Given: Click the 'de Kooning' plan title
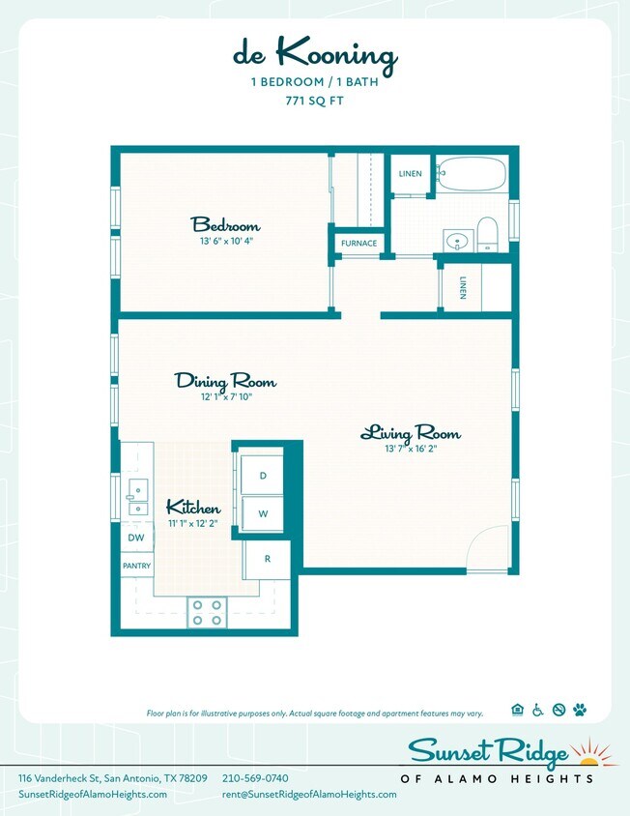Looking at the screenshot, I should tap(314, 57).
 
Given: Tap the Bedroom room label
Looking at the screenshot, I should tap(225, 224).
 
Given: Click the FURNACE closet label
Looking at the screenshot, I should tap(358, 243).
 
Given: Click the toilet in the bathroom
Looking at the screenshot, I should tap(487, 233).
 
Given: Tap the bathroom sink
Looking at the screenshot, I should tap(458, 239).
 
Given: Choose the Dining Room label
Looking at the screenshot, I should tap(225, 380).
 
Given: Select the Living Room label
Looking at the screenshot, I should tap(411, 432).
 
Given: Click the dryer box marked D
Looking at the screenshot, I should tap(262, 475).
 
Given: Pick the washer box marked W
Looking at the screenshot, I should tap(262, 513).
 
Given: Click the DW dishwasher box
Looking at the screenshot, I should tap(136, 538).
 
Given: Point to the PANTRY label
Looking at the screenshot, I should tap(136, 566).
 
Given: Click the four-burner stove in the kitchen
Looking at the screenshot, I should tap(206, 611).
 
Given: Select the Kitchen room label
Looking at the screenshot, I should tap(193, 508).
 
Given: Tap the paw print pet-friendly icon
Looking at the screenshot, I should tap(580, 710).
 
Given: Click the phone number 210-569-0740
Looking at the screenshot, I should tap(255, 778).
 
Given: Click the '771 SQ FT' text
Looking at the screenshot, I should tap(314, 100).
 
